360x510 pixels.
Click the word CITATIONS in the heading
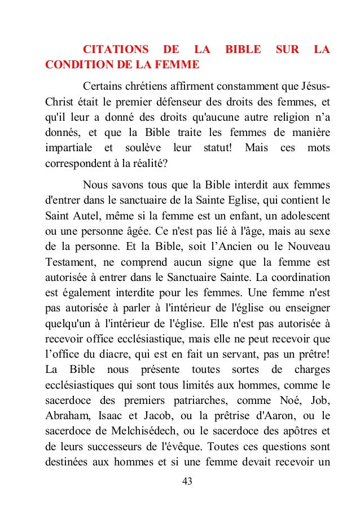click(x=116, y=50)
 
